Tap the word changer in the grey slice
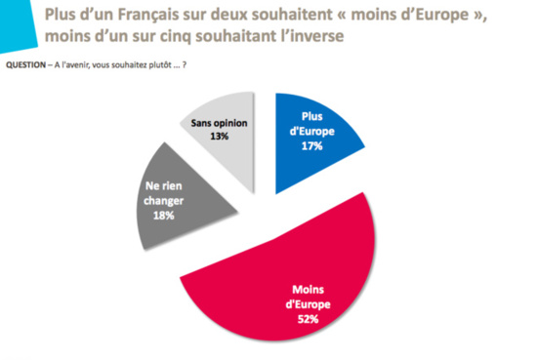click(x=161, y=200)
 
